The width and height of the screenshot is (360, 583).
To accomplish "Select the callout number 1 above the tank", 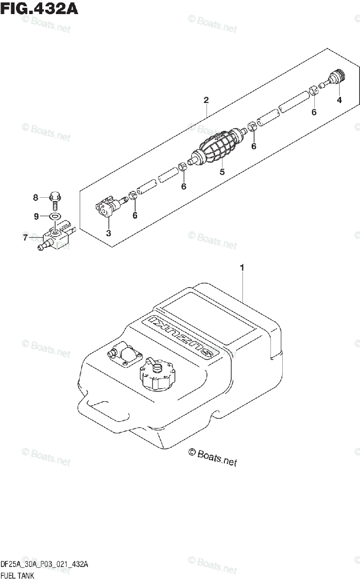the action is click(x=242, y=268).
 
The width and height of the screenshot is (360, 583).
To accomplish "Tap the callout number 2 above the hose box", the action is click(x=206, y=100).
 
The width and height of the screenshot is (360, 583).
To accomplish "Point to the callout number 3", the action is click(x=108, y=233).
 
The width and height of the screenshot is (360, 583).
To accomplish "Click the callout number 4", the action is click(x=339, y=100).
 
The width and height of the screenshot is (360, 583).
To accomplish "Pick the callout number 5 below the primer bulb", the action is click(x=222, y=171).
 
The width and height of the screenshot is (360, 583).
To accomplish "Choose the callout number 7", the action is click(x=25, y=238).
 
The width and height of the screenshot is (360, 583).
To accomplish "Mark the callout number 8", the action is click(x=35, y=197).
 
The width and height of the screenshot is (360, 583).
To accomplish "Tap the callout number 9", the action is click(x=35, y=217).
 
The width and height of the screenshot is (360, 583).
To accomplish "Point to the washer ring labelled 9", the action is click(x=55, y=216).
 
